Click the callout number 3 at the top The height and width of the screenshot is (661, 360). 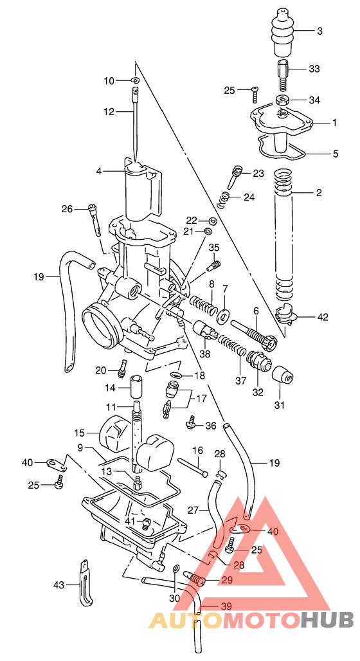pyautogui.click(x=319, y=31)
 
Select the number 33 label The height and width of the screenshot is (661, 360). pyautogui.click(x=314, y=69)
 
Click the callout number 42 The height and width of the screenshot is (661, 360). pyautogui.click(x=322, y=317)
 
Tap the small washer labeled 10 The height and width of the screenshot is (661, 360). pyautogui.click(x=135, y=80)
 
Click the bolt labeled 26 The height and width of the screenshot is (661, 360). pyautogui.click(x=97, y=219)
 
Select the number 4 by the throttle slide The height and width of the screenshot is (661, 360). pyautogui.click(x=99, y=172)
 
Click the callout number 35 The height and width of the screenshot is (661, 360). pyautogui.click(x=214, y=248)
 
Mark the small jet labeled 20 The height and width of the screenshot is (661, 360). pyautogui.click(x=121, y=370)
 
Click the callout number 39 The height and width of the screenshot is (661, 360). pyautogui.click(x=226, y=606)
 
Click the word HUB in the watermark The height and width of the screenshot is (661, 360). pyautogui.click(x=327, y=620)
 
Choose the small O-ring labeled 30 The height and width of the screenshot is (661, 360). pyautogui.click(x=176, y=568)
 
